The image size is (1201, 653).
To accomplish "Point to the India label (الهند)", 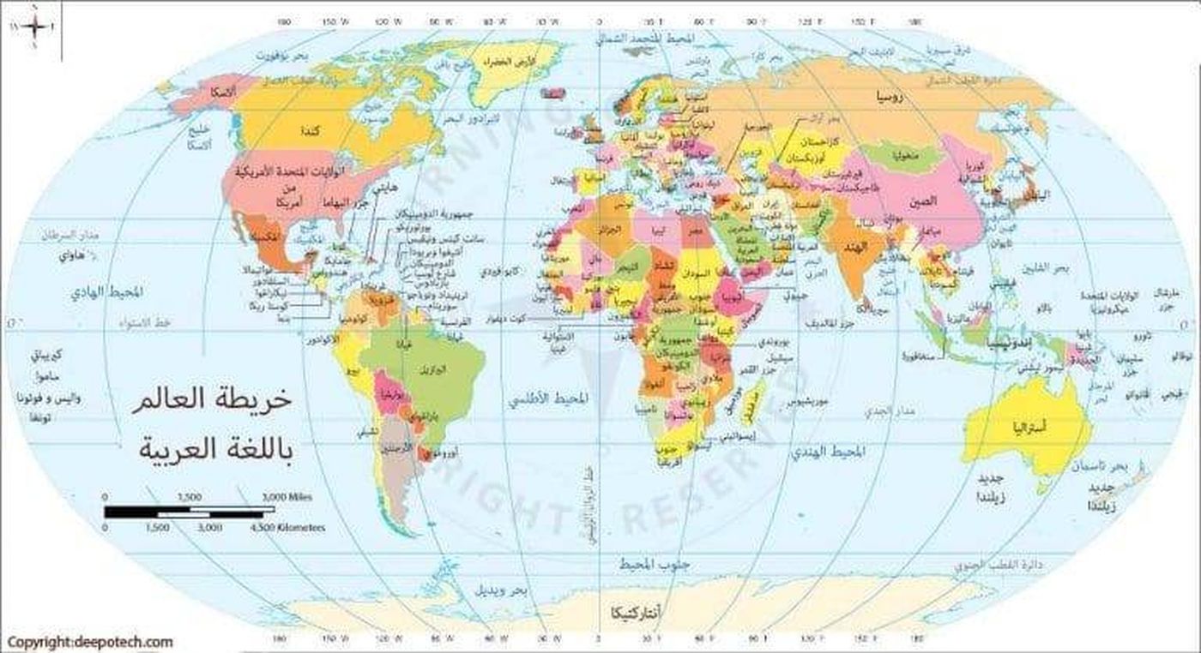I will [860, 247].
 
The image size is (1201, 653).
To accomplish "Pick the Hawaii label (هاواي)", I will [72, 255].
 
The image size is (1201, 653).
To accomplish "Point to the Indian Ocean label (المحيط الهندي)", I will [833, 450].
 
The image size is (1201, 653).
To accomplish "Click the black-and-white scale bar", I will [189, 512].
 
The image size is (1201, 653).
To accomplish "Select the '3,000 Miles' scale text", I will [287, 497].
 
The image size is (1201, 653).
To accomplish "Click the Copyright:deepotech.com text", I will [90, 642].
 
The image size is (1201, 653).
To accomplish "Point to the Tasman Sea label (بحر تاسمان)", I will [1107, 467].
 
